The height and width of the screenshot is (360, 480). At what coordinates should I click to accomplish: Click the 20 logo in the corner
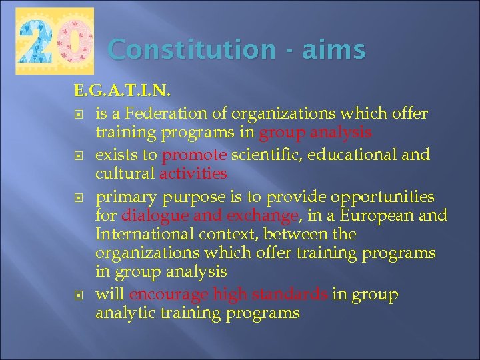(54, 41)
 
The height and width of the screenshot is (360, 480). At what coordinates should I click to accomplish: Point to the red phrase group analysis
(315, 133)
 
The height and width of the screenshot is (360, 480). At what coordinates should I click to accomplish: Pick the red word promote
(195, 155)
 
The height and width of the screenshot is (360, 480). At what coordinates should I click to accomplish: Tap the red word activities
(193, 174)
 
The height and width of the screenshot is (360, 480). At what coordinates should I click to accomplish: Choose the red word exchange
(262, 216)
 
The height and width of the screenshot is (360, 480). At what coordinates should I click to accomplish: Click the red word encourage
(169, 295)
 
